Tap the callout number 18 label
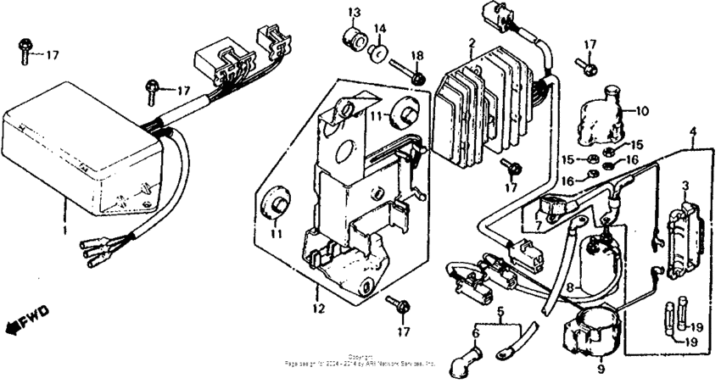[x=416, y=55]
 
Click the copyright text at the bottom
[x=360, y=360]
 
